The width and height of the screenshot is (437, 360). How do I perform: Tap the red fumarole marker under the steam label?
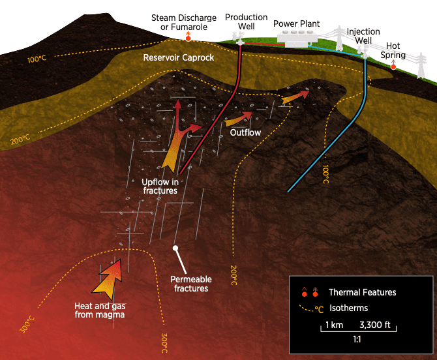[x=188, y=38]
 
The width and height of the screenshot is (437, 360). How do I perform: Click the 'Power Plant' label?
[x=296, y=24]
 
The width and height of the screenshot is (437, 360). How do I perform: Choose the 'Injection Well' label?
[x=363, y=36]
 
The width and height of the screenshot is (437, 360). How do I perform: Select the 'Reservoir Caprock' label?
[x=179, y=58]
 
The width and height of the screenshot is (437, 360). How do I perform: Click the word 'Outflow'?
[x=245, y=133]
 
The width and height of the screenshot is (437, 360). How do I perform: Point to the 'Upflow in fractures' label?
[x=159, y=186]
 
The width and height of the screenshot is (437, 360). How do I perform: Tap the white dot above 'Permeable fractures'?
[x=175, y=248]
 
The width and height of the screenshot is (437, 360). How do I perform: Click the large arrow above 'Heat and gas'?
[x=108, y=277]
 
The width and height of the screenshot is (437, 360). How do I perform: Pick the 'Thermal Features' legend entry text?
[x=362, y=292]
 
